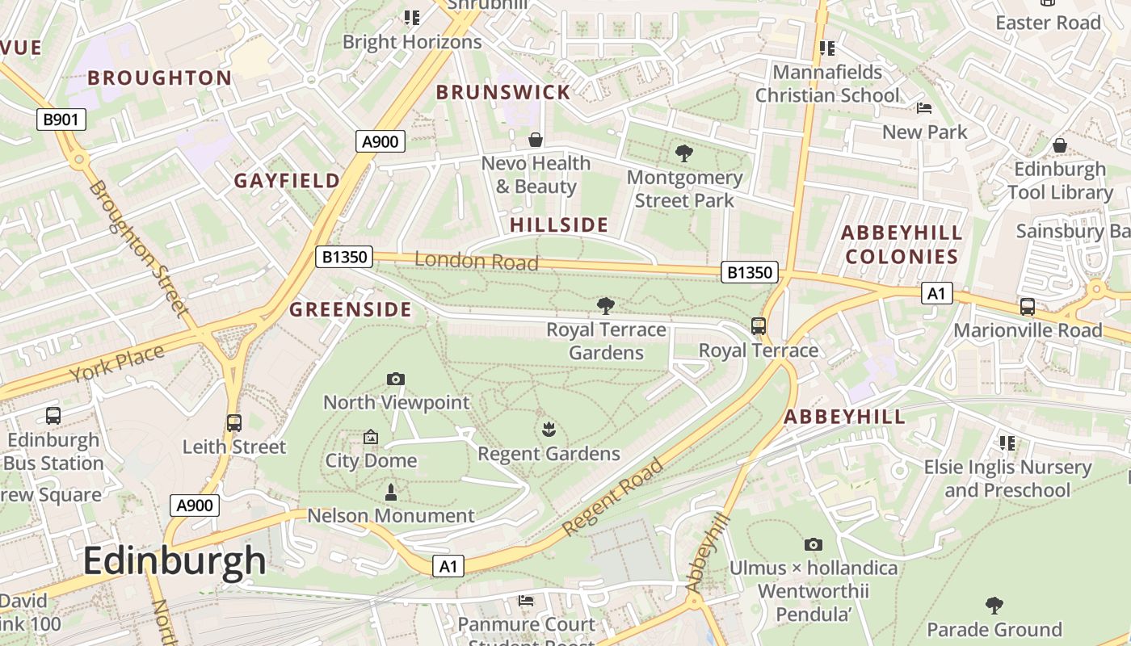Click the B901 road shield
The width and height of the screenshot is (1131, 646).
61,120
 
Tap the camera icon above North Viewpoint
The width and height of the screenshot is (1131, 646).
396,379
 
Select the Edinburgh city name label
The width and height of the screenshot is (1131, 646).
174,561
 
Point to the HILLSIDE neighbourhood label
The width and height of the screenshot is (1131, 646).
559,224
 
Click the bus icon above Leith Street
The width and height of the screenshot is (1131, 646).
234,422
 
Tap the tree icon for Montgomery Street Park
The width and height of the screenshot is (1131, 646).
684,153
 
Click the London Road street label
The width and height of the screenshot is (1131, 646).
477,261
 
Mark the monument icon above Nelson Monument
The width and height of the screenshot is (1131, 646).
391,492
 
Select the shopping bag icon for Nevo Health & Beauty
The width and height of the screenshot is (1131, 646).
535,140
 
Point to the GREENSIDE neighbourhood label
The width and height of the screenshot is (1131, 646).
351,309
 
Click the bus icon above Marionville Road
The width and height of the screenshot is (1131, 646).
1027,307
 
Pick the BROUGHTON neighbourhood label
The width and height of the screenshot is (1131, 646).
160,78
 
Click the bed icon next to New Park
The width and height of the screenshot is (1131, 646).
924,108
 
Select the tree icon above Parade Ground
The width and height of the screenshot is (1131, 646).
994,606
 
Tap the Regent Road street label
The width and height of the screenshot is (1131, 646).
613,497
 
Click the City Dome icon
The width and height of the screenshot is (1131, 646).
371,437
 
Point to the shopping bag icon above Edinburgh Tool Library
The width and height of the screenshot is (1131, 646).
1059,145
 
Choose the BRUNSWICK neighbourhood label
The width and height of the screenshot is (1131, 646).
503,92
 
